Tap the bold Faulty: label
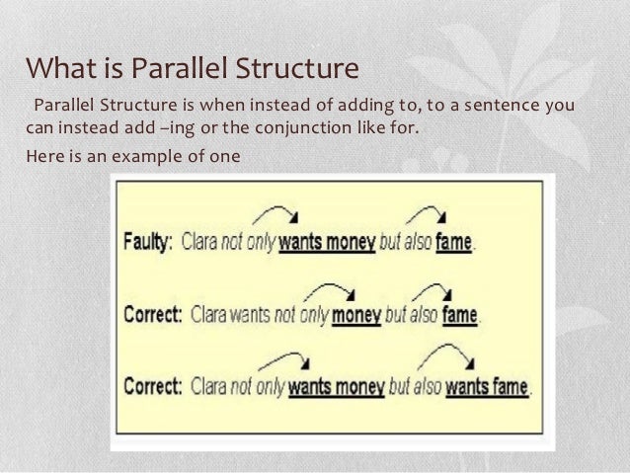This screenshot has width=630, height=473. [x=148, y=243]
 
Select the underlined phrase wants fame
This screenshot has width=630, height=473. [x=487, y=385]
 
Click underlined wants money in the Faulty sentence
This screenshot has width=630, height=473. [x=327, y=243]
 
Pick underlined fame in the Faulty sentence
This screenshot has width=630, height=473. [x=454, y=243]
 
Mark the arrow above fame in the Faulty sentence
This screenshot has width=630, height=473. [x=427, y=214]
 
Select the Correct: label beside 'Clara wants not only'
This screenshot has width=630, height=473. [x=151, y=315]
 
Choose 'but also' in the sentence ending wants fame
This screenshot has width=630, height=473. [x=416, y=385]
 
